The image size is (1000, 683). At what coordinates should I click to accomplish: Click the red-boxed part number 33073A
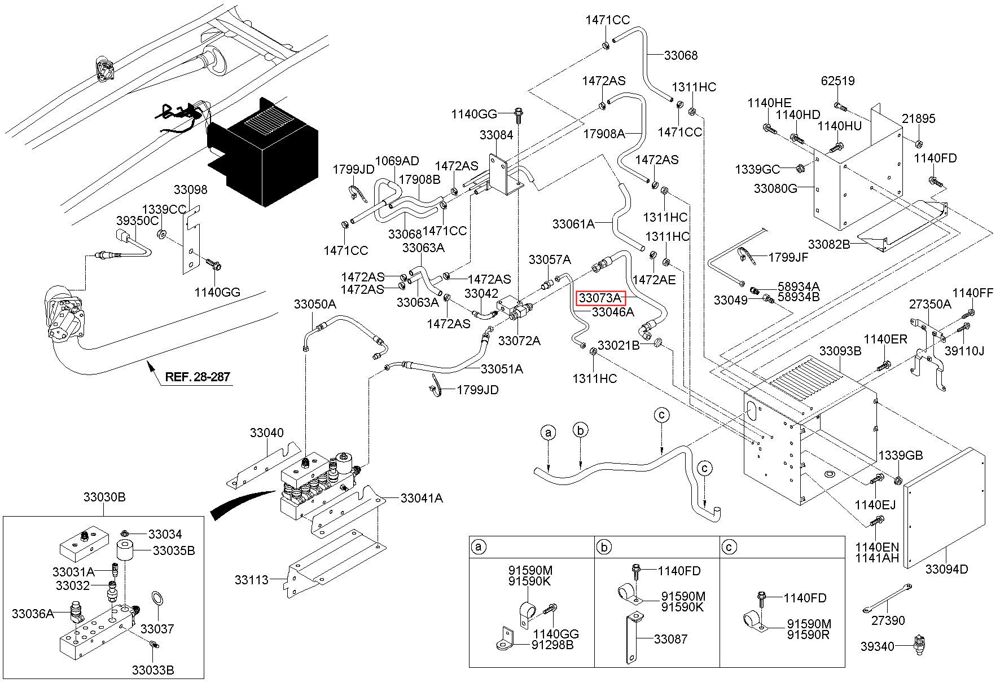599,297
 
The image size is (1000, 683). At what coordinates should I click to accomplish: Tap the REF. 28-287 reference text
197,376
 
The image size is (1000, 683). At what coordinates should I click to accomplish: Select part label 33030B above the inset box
104,497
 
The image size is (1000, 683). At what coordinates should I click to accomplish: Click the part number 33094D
946,569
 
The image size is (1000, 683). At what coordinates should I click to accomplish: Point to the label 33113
252,580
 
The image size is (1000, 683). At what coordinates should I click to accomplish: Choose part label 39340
878,646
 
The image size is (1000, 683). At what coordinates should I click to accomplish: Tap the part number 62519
837,81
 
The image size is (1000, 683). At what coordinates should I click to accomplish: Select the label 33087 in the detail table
670,639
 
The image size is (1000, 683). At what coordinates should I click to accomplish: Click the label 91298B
552,645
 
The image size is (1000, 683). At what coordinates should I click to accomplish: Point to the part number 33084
497,135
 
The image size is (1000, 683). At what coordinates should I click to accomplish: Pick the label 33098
190,190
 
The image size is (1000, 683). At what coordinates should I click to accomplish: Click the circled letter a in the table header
479,547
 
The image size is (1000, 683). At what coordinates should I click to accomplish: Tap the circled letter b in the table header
604,547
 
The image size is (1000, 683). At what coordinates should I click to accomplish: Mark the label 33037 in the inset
157,628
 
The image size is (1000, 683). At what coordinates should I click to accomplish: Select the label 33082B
829,244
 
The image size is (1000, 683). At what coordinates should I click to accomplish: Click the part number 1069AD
397,161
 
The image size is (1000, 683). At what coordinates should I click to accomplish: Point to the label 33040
267,433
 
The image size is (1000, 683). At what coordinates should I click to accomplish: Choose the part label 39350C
138,221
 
